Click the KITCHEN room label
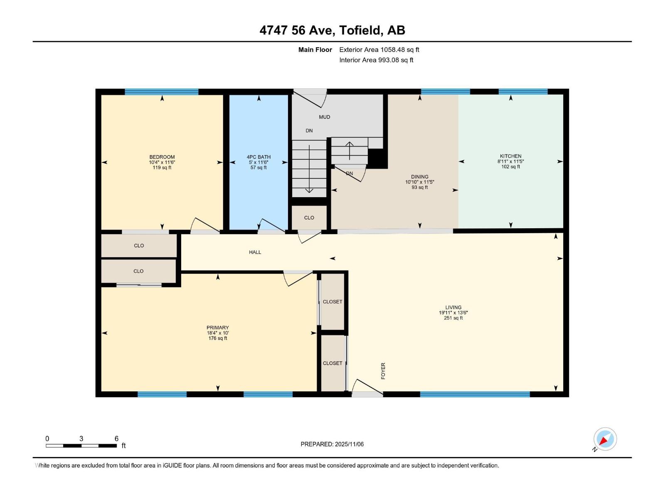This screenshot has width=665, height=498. (x=510, y=156)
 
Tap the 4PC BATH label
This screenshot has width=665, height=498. (x=259, y=157)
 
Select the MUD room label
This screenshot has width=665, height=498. (x=325, y=117)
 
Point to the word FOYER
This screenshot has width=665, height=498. (x=383, y=371)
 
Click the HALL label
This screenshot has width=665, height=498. (x=255, y=252)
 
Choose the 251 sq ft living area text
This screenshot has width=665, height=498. (x=453, y=318)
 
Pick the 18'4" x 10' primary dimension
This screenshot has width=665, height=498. (x=217, y=333)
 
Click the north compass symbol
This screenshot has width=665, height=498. (x=604, y=439)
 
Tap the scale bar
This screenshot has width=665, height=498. (x=81, y=446)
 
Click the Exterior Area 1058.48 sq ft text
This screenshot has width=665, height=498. (x=379, y=49)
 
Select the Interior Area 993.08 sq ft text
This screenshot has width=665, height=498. (x=376, y=60)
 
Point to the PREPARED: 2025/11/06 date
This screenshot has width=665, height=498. (x=332, y=444)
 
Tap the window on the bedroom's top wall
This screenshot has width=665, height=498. (x=162, y=92)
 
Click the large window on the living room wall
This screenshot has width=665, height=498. (x=475, y=394)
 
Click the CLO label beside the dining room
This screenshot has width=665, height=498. (x=309, y=218)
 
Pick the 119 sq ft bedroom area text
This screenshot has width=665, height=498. (x=162, y=168)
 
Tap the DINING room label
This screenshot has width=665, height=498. (x=420, y=177)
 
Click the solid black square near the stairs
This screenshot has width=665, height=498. (x=377, y=159)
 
